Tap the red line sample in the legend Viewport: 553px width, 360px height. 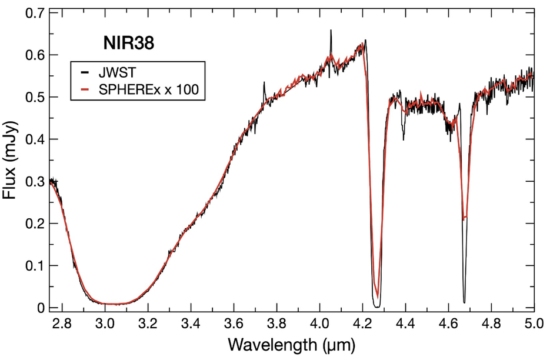click(85, 90)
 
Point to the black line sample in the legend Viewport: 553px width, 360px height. click(85, 74)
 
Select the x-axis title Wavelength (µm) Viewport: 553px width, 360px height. click(292, 342)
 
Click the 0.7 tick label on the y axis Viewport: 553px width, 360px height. click(33, 13)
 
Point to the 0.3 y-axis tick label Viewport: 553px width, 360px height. click(33, 181)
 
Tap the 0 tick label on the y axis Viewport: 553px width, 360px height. click(41, 307)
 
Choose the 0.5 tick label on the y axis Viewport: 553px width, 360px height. click(33, 97)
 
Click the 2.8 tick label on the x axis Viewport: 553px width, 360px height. click(62, 324)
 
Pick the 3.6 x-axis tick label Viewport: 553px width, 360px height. click(234, 324)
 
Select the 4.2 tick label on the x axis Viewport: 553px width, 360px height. click(362, 324)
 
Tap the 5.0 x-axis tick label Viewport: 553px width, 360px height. click(533, 324)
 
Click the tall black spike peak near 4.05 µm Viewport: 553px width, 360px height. click(331, 31)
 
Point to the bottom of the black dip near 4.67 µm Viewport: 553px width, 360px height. click(464, 302)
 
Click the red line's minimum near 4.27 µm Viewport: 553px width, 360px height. click(377, 297)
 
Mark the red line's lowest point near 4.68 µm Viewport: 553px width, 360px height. click(465, 218)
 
